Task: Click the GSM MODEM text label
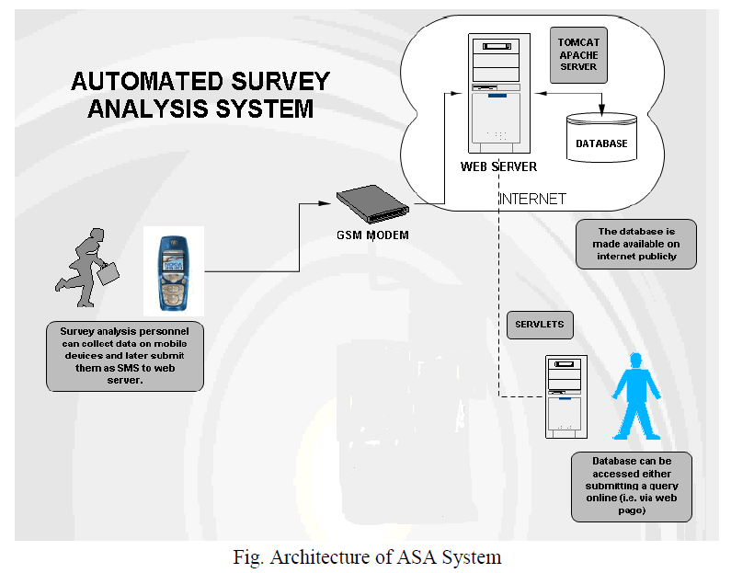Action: (x=371, y=235)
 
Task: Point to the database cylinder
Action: (x=601, y=137)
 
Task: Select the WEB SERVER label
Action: (x=498, y=166)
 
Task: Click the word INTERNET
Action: (x=531, y=199)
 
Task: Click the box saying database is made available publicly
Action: (x=635, y=244)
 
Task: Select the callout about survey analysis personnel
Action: (x=124, y=355)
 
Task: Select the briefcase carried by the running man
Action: (x=109, y=273)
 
